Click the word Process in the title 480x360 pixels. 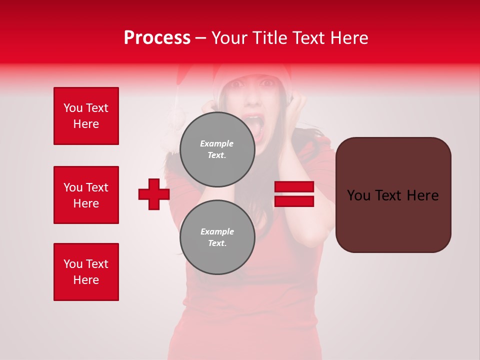pos(157,38)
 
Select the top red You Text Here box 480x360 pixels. pos(86,116)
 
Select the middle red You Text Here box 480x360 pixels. pos(86,195)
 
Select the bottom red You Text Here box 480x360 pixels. pos(86,272)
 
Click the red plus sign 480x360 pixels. pos(154,194)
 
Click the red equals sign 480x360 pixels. pos(294,194)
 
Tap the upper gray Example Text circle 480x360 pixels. pos(217,149)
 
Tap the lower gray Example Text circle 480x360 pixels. pos(217,237)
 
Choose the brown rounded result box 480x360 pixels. pos(393,195)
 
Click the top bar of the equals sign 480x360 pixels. pos(294,187)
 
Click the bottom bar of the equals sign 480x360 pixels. pos(294,201)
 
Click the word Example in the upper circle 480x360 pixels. pos(217,143)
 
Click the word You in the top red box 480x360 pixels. pos(72,108)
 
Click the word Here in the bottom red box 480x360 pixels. pos(86,280)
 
